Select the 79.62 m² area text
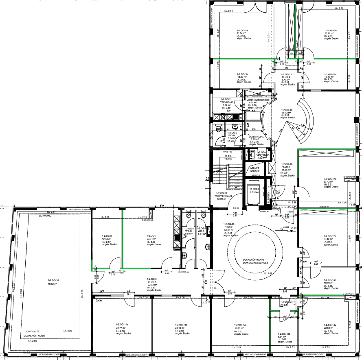(x=53, y=283)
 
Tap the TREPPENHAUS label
(x=224, y=196)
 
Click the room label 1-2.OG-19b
(x=330, y=31)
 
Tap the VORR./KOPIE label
(x=257, y=137)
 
